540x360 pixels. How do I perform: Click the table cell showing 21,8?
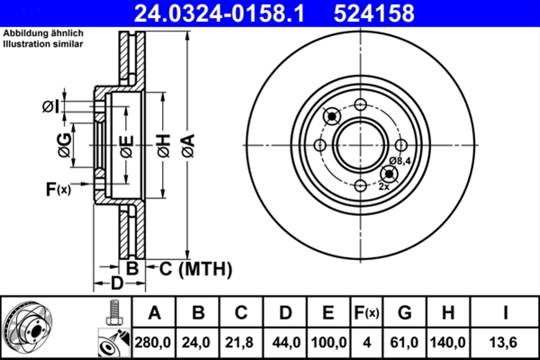[x=241, y=341]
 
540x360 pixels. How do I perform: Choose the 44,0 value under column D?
[x=284, y=341]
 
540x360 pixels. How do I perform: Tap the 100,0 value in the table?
[x=328, y=341]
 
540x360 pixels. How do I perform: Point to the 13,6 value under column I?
[x=507, y=341]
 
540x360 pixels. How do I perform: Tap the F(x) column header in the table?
[x=367, y=313]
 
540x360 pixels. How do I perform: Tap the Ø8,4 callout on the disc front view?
[x=400, y=161]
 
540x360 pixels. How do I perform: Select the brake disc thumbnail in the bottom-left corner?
[x=31, y=328]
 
